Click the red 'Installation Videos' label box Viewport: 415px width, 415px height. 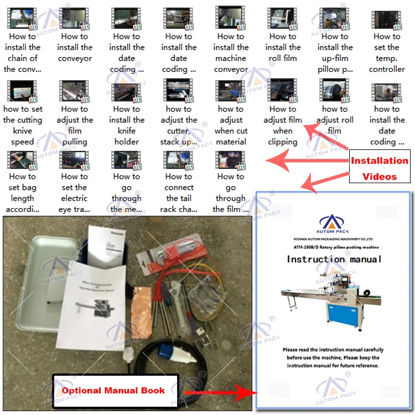[379, 168]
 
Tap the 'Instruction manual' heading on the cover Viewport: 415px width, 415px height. [334, 259]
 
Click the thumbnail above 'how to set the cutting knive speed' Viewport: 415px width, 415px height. [22, 91]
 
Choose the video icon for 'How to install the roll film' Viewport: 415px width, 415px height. [282, 20]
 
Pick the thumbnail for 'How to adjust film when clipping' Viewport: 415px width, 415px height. [282, 91]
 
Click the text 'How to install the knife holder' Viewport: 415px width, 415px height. [127, 125]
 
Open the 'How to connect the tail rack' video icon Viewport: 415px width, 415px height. [178, 160]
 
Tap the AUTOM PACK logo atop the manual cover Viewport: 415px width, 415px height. [334, 222]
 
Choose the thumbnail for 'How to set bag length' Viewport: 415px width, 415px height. [22, 160]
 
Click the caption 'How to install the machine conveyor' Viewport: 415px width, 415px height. [231, 53]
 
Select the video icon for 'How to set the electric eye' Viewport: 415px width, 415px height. [74, 160]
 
